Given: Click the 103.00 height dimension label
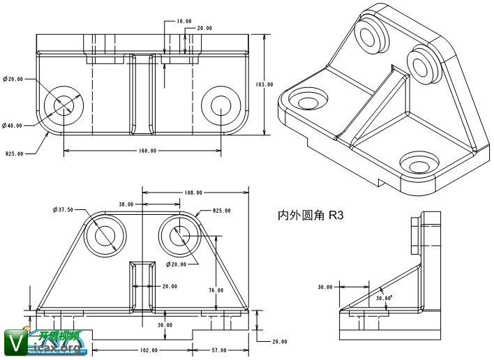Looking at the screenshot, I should [264, 84].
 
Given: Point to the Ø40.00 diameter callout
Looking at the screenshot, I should [13, 126].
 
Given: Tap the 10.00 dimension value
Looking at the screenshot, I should [184, 22].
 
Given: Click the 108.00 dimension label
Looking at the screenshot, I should [193, 193].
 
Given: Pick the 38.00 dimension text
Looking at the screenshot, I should [126, 204].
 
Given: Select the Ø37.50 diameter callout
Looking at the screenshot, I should [63, 209].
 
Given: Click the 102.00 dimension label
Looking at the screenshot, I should [149, 350].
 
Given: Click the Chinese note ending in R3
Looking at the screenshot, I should [311, 216].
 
